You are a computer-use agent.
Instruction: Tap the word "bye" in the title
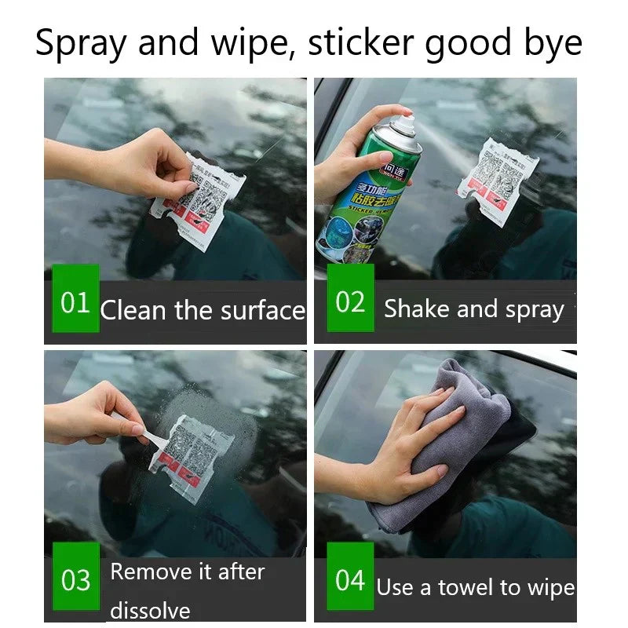[553, 43]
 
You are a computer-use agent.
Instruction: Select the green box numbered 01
[75, 301]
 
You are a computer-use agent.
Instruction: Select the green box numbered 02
[350, 301]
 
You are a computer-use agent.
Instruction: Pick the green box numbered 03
[75, 581]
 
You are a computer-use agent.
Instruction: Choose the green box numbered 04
[350, 581]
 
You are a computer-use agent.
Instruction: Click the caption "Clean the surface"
[203, 310]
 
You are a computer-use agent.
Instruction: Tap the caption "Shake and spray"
[473, 309]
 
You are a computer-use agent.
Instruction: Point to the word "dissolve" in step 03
[150, 610]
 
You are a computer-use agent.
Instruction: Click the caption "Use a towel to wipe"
[475, 587]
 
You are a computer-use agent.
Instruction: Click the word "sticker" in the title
[362, 43]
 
